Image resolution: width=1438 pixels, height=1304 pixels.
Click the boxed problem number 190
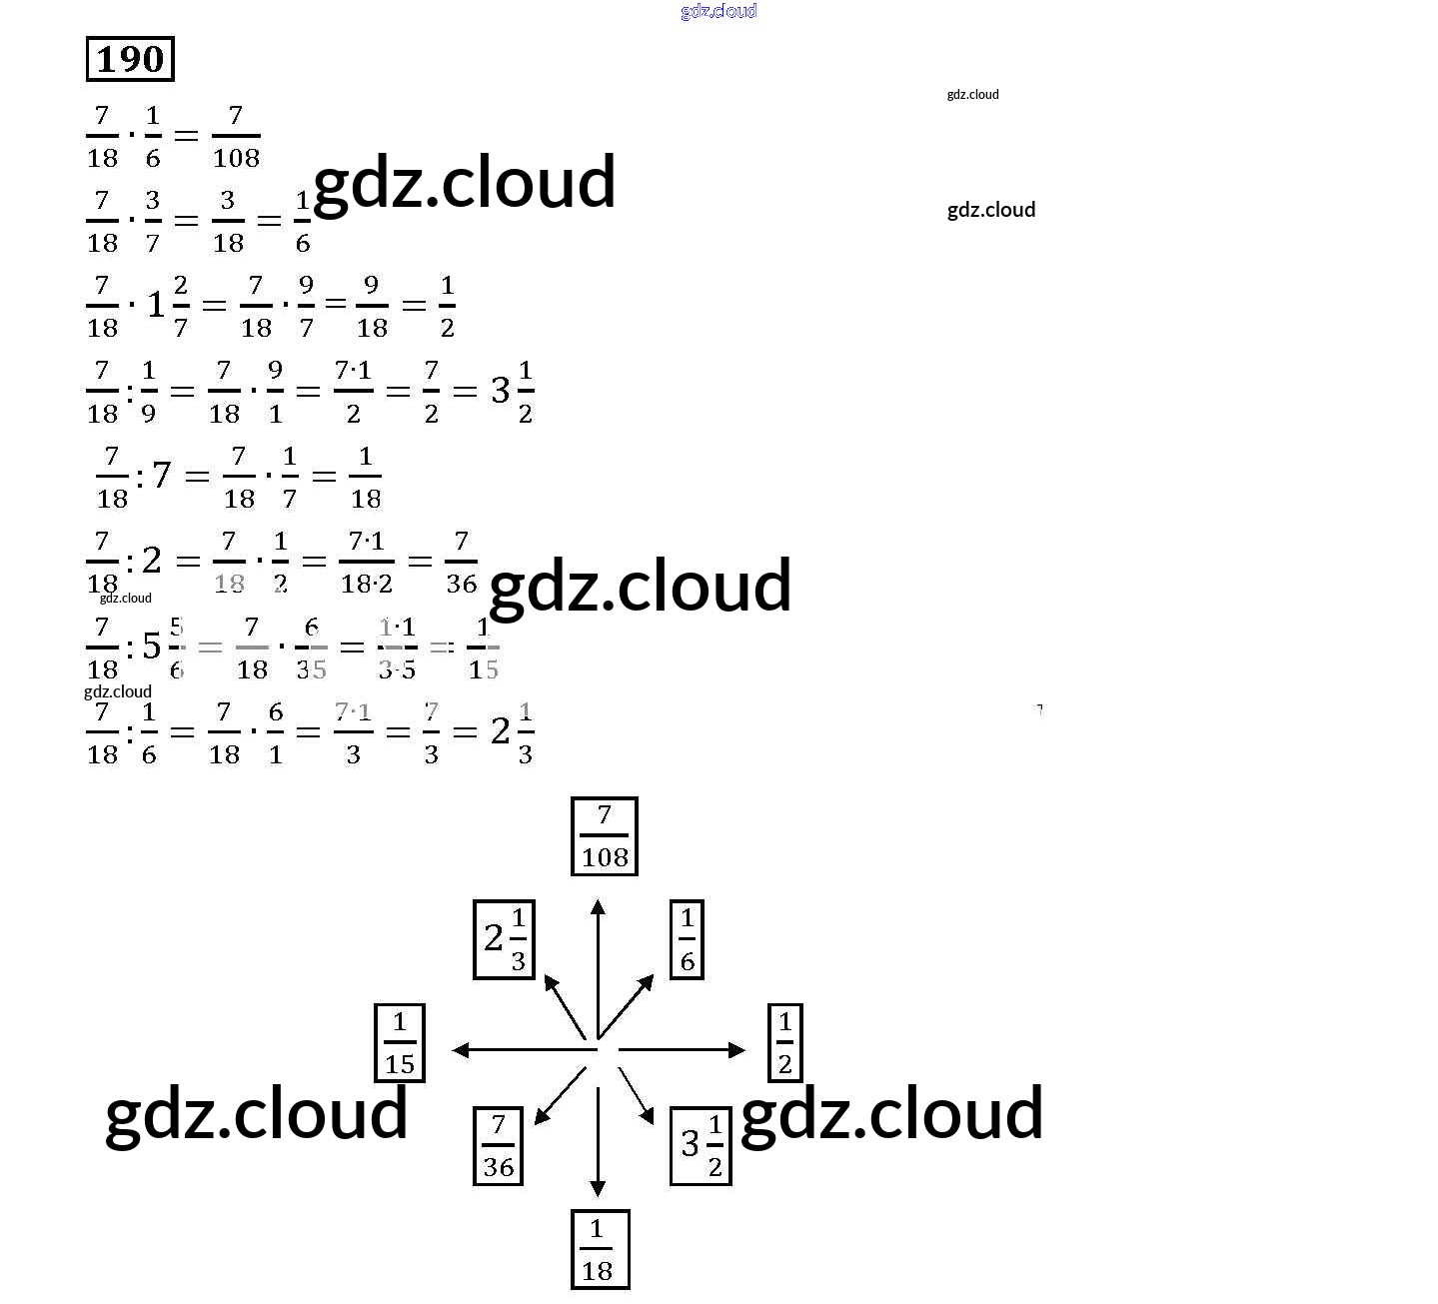click(131, 59)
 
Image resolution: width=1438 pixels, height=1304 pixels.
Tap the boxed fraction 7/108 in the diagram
click(604, 836)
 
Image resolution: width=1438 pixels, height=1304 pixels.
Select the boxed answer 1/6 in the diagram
click(687, 939)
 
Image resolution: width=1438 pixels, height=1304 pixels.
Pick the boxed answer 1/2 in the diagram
click(784, 1043)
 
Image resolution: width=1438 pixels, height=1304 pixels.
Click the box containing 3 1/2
click(701, 1145)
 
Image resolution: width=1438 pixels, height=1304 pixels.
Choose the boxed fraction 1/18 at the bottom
click(600, 1249)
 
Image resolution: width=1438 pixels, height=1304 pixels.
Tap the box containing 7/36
click(498, 1146)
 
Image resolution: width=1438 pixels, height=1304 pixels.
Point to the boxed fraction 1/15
click(400, 1043)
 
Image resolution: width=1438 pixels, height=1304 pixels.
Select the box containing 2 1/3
click(505, 939)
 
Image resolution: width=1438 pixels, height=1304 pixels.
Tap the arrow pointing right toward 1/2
click(682, 1049)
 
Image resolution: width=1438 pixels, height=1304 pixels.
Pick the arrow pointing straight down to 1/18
click(598, 1139)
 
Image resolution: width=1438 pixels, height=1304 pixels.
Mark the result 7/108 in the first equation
click(236, 136)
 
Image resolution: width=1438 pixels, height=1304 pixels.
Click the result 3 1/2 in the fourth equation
click(512, 391)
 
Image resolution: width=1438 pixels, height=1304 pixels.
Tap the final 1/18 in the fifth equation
click(365, 477)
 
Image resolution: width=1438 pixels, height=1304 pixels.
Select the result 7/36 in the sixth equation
click(461, 563)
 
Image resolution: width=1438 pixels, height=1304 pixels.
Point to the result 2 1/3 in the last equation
click(512, 732)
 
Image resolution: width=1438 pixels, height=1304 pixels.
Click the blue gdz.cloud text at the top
click(719, 11)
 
